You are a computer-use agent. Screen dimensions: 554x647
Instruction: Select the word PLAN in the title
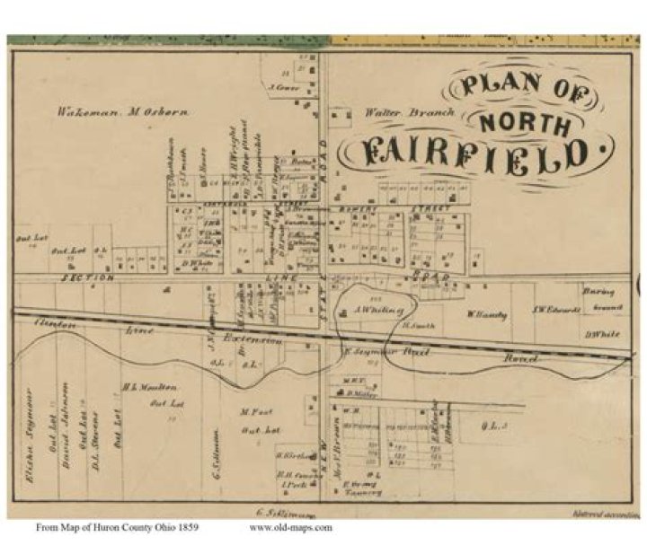492,87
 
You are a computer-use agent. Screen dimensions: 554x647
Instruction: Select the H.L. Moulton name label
140,388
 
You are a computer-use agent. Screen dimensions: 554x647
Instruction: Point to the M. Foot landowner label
255,412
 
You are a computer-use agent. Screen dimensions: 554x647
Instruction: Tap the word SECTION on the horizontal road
86,278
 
